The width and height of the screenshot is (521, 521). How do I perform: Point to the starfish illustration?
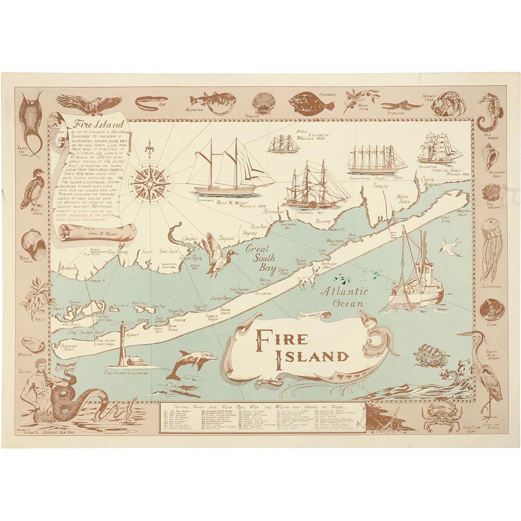tap(401, 105)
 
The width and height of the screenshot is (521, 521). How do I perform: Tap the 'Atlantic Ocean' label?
tap(344, 297)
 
